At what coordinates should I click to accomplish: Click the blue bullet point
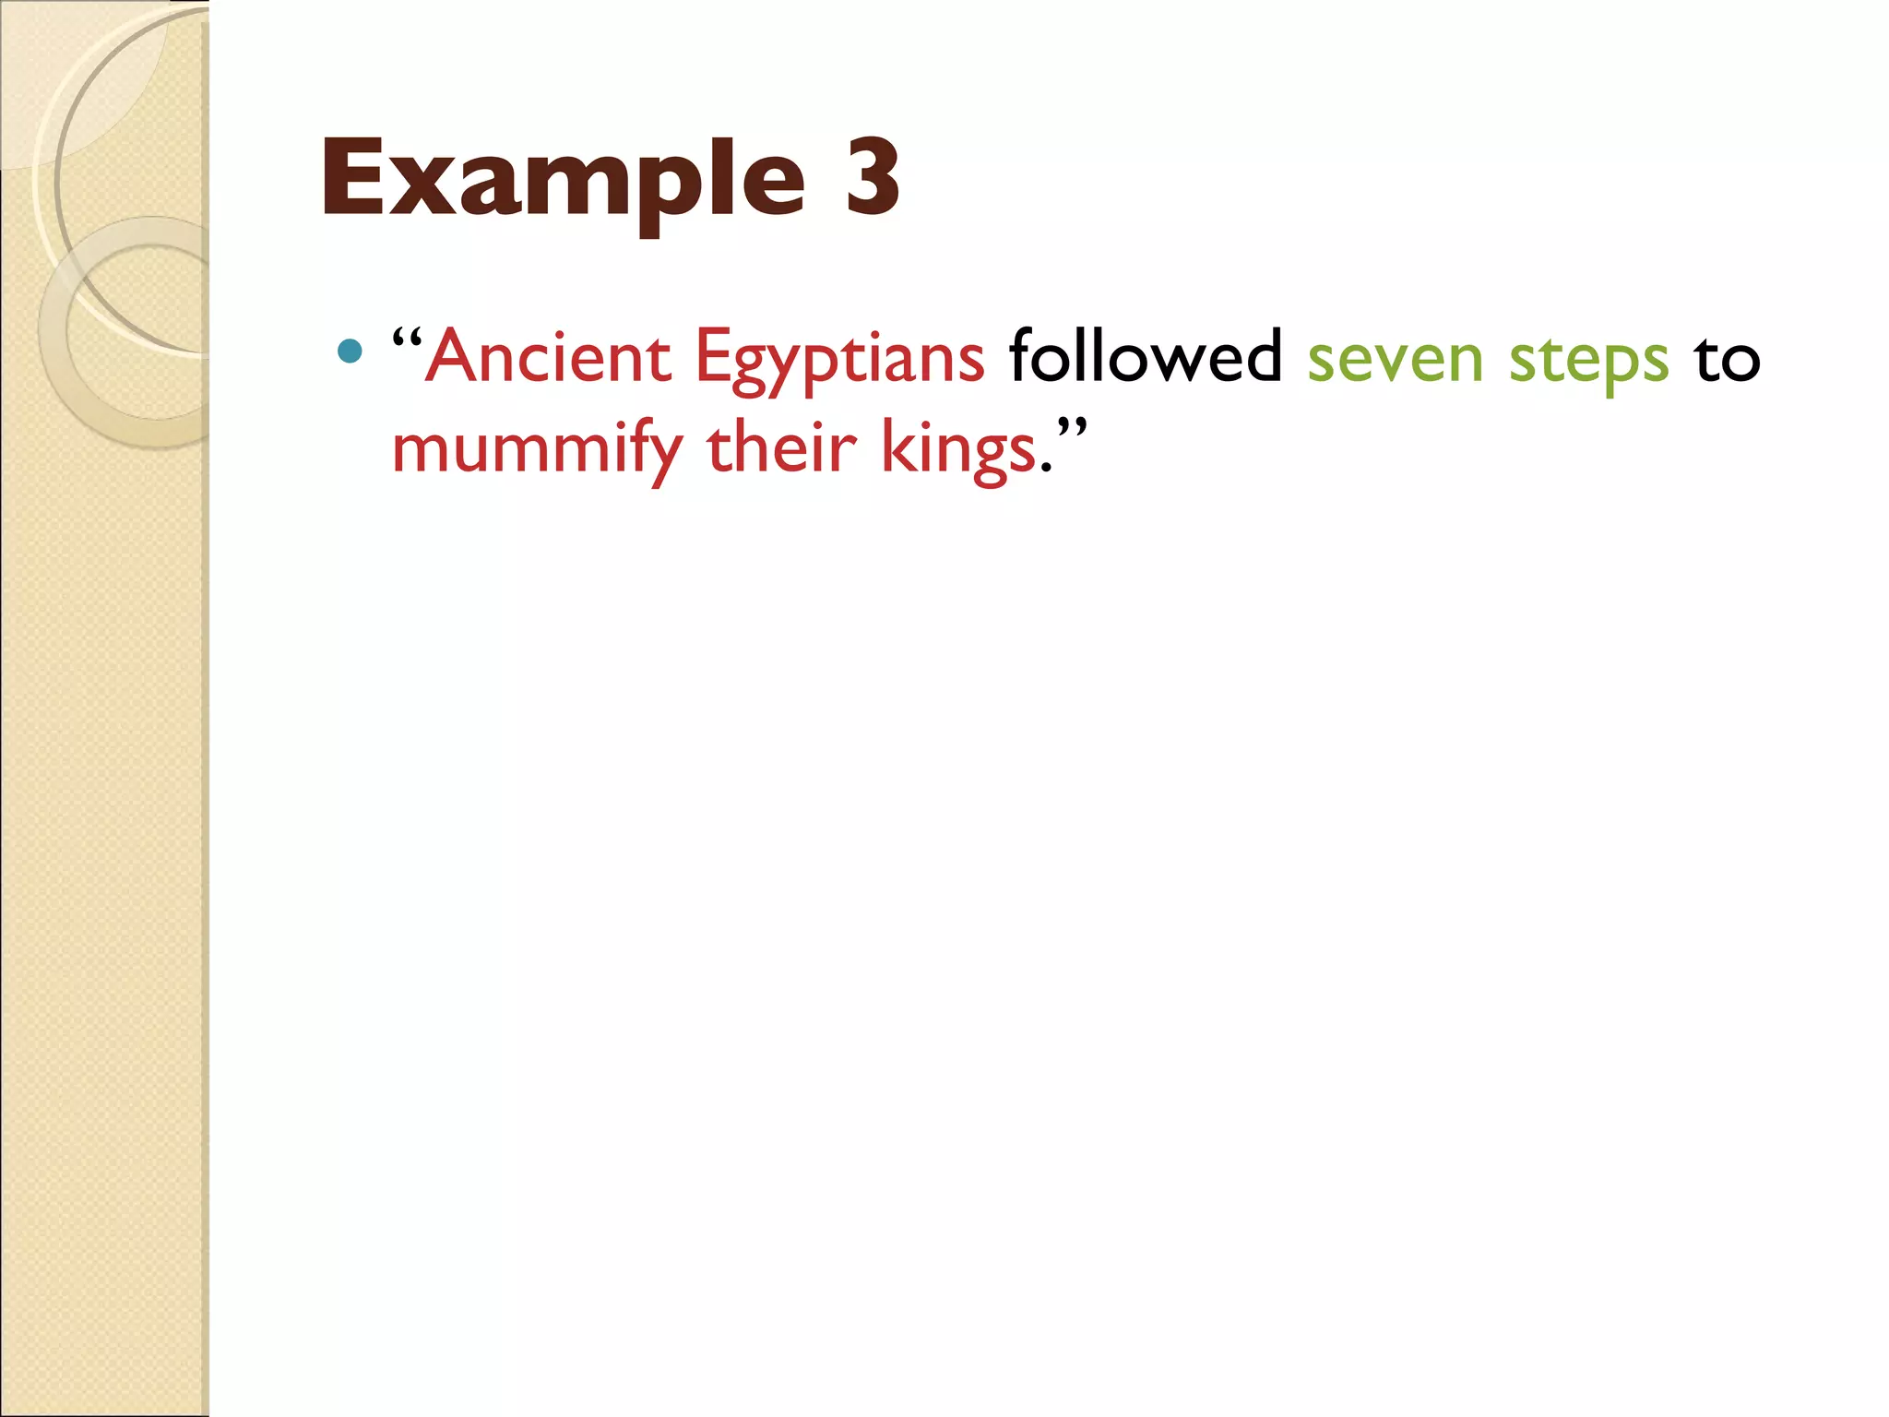[350, 351]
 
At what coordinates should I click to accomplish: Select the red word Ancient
[550, 357]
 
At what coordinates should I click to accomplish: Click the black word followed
[1145, 356]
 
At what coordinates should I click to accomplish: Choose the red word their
[781, 447]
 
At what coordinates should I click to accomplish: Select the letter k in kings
[897, 447]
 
